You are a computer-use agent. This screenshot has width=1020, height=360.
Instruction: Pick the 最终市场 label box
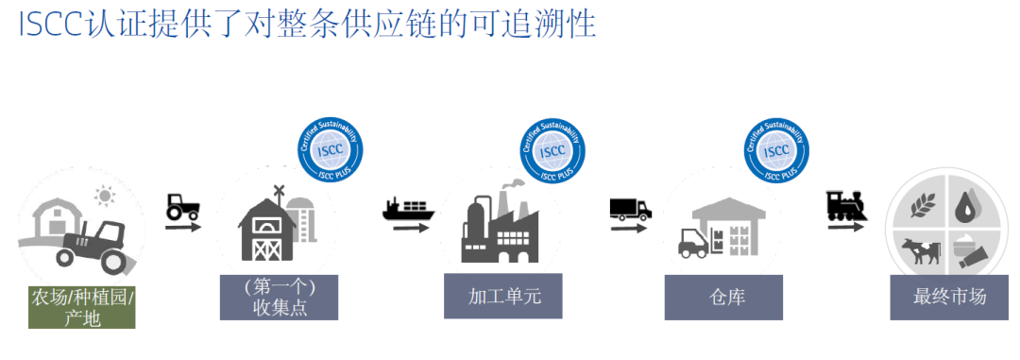click(x=950, y=297)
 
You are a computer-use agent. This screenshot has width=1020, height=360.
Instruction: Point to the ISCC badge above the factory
click(x=553, y=148)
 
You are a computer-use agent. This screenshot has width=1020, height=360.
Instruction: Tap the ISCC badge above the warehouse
click(x=777, y=148)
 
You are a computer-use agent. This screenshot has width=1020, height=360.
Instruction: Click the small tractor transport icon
click(x=181, y=208)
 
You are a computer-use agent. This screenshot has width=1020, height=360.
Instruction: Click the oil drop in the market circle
click(x=965, y=205)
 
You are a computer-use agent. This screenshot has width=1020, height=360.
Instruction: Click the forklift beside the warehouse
click(x=693, y=243)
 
